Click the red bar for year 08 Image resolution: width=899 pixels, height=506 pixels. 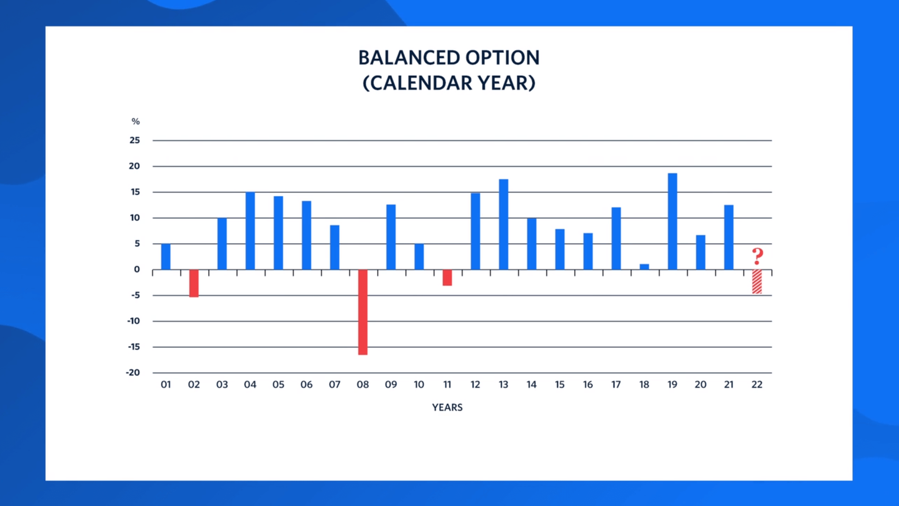(363, 312)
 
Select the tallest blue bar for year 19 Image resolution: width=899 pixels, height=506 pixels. (672, 221)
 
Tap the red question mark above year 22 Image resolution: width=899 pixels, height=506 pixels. (757, 256)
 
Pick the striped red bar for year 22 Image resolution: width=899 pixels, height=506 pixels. (757, 282)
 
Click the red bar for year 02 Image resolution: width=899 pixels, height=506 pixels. (194, 283)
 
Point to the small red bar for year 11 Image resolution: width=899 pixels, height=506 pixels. (447, 277)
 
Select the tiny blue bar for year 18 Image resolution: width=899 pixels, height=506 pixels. (644, 267)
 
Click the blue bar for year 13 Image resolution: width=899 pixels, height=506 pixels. (503, 224)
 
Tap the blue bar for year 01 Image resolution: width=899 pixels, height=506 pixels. (166, 256)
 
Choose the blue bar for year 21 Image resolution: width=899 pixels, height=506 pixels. (729, 237)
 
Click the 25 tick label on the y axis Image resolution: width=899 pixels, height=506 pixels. (135, 140)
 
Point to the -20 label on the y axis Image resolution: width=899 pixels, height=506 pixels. (133, 373)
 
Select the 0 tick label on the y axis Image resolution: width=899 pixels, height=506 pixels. (137, 269)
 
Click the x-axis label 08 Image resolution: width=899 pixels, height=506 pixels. (363, 385)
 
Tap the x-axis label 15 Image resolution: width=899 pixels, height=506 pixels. (560, 385)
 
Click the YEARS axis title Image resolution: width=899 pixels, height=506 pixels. (447, 407)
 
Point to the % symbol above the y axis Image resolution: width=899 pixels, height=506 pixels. (136, 122)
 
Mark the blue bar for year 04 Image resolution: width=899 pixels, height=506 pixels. (250, 230)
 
